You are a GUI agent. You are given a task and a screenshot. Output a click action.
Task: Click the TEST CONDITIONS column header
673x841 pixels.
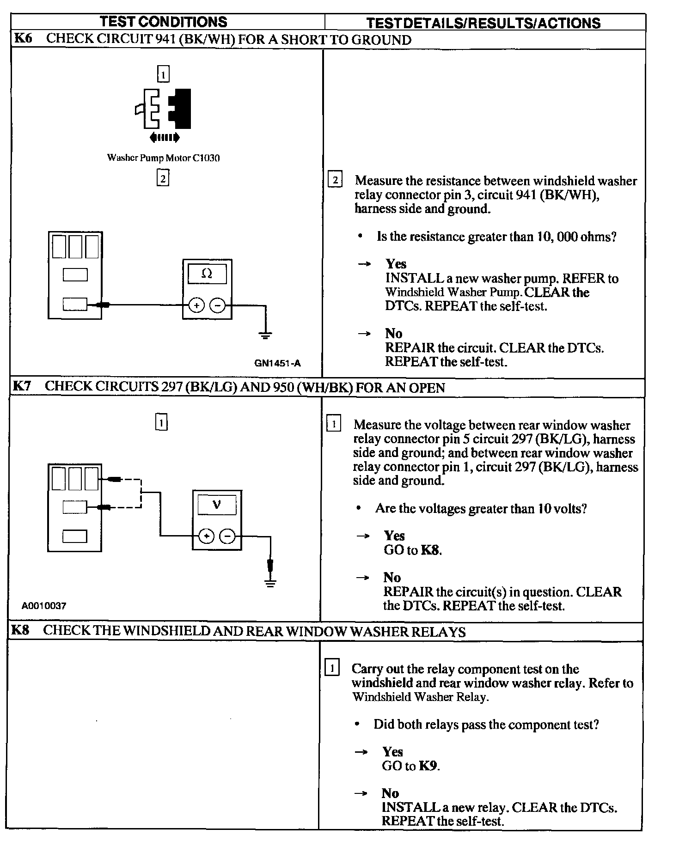pyautogui.click(x=164, y=22)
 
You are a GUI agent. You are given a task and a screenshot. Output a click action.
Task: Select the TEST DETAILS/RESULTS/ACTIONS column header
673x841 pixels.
pyautogui.click(x=483, y=23)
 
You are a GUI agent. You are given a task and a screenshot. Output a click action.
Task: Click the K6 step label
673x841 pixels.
pyautogui.click(x=24, y=38)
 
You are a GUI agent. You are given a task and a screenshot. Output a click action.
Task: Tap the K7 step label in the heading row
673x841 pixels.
pyautogui.click(x=22, y=386)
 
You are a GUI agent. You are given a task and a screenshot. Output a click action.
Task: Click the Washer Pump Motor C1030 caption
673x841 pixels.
pyautogui.click(x=163, y=158)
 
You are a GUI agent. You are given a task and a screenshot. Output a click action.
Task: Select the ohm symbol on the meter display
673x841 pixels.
pyautogui.click(x=207, y=274)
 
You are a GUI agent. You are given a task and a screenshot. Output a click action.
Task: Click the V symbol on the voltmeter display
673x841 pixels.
pyautogui.click(x=217, y=505)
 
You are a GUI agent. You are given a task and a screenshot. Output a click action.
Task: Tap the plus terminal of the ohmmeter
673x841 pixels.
pyautogui.click(x=196, y=305)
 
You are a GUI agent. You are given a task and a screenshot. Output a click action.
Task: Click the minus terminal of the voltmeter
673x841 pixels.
pyautogui.click(x=227, y=536)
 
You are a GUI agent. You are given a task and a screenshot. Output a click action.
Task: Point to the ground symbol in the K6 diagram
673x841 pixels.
pyautogui.click(x=265, y=335)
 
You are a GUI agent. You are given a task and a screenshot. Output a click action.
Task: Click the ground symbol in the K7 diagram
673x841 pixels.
pyautogui.click(x=271, y=583)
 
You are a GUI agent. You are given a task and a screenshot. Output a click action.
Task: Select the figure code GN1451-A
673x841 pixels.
pyautogui.click(x=277, y=363)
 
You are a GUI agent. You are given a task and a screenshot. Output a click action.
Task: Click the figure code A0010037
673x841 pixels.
pyautogui.click(x=44, y=606)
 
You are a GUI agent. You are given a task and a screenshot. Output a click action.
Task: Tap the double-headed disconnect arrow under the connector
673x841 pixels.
pyautogui.click(x=164, y=137)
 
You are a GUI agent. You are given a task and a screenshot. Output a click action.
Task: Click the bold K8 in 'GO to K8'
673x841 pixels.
pyautogui.click(x=430, y=550)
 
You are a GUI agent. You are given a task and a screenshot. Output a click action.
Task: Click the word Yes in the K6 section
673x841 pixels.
pyautogui.click(x=396, y=264)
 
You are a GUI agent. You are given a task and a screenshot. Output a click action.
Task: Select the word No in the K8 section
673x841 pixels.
pyautogui.click(x=390, y=793)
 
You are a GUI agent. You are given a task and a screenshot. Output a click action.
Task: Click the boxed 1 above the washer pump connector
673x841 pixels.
pyautogui.click(x=163, y=74)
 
